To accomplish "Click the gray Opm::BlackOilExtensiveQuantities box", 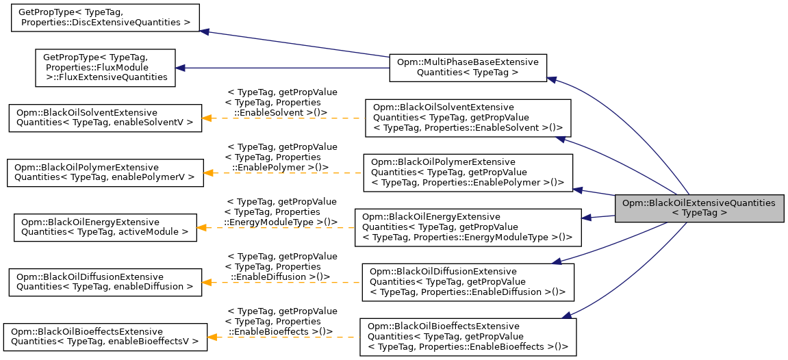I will (x=699, y=208).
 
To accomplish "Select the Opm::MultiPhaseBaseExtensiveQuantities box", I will (x=468, y=67).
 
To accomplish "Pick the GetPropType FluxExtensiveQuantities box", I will (x=105, y=67).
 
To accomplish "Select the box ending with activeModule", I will (x=105, y=227).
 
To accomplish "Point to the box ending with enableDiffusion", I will (x=105, y=282).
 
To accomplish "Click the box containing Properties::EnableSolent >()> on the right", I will (x=468, y=118).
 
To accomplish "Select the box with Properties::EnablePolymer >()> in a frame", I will (x=468, y=172).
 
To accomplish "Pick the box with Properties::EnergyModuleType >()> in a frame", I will (x=468, y=227).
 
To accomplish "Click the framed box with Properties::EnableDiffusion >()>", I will (x=468, y=282).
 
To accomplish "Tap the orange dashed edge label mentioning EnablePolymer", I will (x=281, y=157).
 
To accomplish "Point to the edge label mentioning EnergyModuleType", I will (x=281, y=211).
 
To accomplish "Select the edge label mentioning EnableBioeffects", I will (x=281, y=321).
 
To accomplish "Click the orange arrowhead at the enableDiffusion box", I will (x=207, y=282).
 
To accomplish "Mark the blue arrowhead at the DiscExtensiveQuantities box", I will (x=204, y=31).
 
